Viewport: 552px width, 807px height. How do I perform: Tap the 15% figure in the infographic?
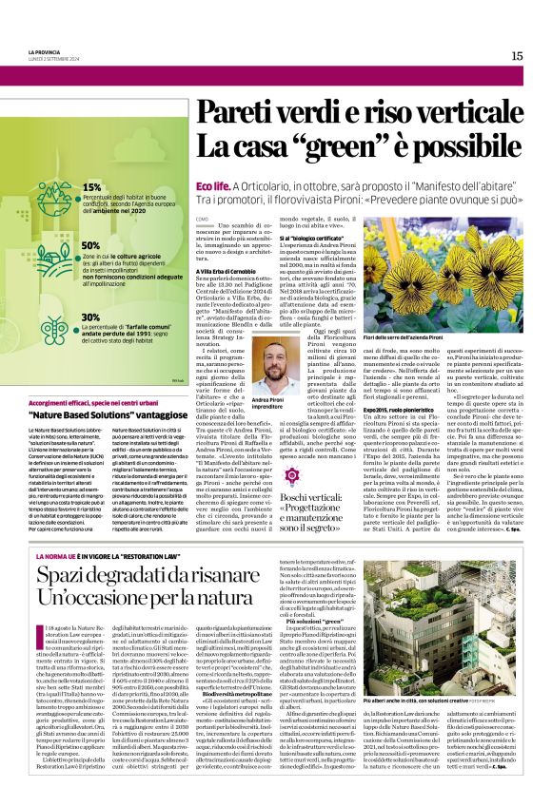[92, 187]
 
